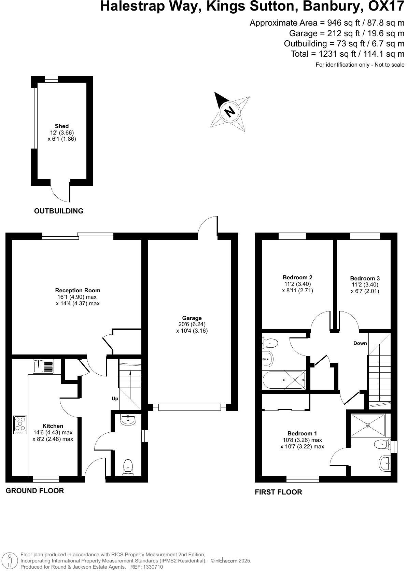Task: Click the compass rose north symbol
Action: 230,111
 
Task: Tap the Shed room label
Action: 62,126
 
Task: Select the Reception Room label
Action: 78,290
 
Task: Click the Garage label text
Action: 192,318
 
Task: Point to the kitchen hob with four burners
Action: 20,424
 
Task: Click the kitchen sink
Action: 43,366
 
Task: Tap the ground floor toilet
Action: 128,467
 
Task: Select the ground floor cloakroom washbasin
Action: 128,420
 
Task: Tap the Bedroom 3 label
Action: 365,278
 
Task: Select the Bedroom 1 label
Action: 302,433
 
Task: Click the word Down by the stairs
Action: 360,343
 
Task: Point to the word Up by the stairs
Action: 115,399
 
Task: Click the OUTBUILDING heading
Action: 59,211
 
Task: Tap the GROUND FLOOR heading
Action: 35,491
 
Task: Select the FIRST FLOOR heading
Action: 278,492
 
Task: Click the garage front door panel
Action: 190,407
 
